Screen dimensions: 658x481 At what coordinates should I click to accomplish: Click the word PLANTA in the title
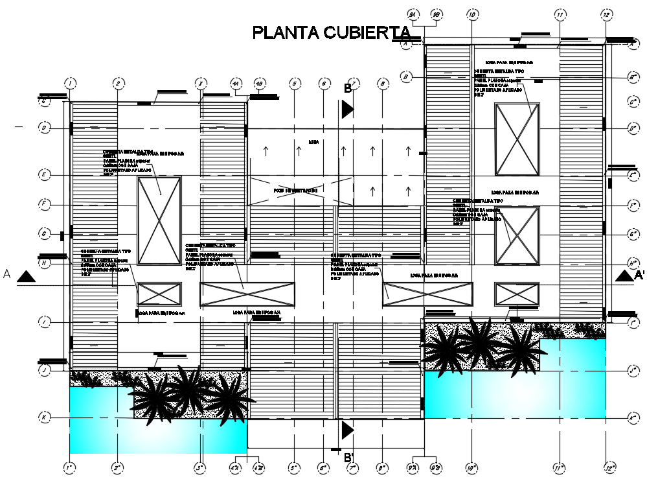[284, 33]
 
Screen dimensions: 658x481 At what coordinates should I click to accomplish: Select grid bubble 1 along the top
[70, 83]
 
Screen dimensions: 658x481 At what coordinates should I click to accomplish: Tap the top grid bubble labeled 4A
[236, 83]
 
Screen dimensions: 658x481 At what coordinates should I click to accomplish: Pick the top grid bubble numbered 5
[295, 83]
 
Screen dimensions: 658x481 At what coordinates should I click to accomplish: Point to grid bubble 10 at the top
[472, 14]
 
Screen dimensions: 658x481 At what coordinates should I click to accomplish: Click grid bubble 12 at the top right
[606, 14]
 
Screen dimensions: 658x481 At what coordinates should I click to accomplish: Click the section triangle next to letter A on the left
[26, 277]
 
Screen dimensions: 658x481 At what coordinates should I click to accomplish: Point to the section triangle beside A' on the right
[623, 276]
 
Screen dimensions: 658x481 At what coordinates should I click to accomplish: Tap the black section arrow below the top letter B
[348, 110]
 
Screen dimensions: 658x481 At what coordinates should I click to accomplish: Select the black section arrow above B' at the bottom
[348, 430]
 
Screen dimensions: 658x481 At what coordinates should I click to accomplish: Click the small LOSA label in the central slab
[313, 141]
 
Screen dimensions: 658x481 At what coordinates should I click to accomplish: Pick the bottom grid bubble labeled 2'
[117, 467]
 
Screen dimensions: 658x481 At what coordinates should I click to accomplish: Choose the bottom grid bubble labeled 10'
[471, 467]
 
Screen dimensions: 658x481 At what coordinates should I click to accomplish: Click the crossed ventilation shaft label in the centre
[295, 191]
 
